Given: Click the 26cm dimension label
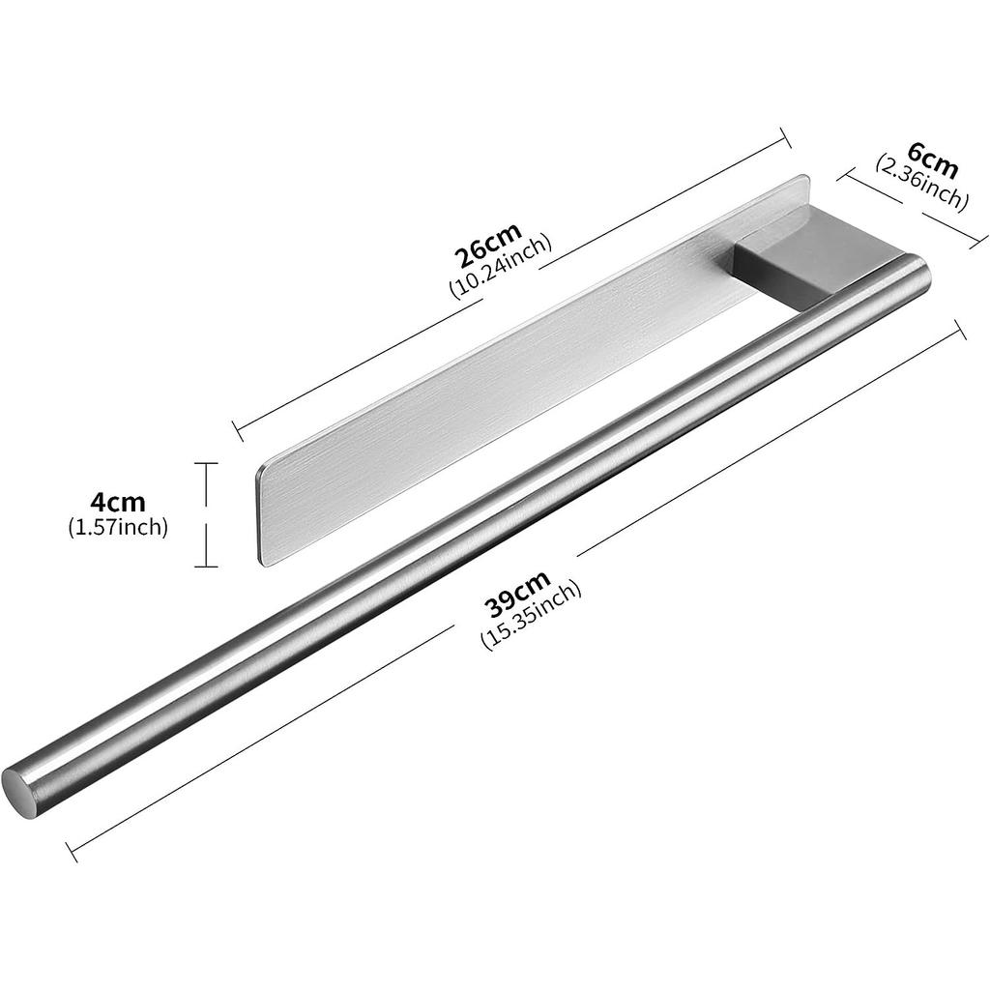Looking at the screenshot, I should (488, 246).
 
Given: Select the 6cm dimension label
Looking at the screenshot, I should (933, 163).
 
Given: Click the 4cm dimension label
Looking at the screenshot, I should (117, 502).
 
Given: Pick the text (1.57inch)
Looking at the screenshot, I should (118, 527).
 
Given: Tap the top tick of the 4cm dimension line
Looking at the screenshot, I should (205, 464).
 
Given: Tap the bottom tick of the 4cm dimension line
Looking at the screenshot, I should (205, 567).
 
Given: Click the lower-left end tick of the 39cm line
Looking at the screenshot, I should (72, 852).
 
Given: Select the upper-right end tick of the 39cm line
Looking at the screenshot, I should (960, 330).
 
